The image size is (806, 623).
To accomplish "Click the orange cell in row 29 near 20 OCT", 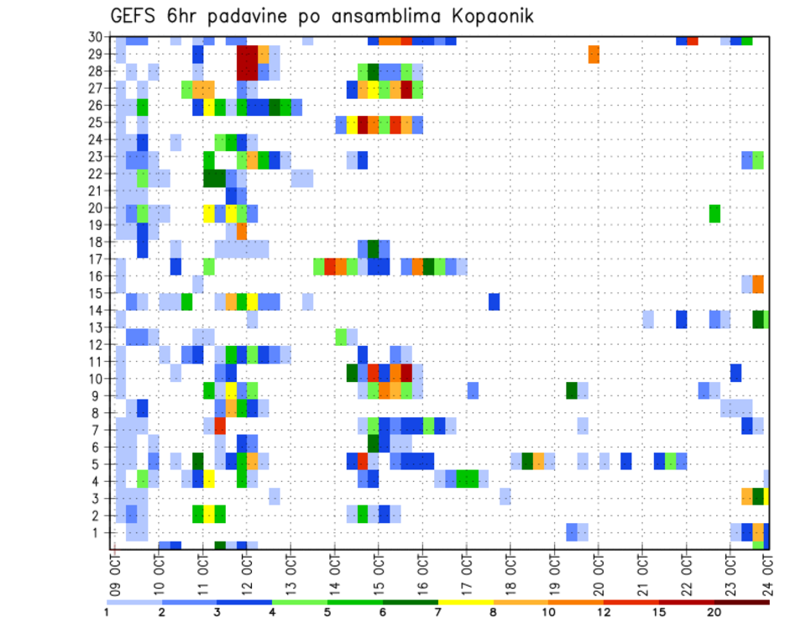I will (594, 55).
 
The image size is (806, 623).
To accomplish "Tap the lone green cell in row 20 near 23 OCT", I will (714, 213).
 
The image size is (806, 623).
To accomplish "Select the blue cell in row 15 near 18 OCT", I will (495, 301).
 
